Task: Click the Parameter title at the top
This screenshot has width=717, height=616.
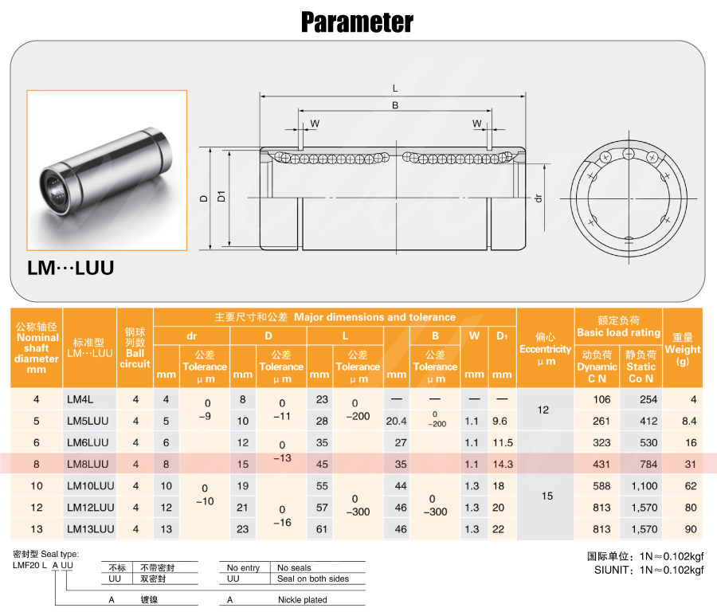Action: coord(357,22)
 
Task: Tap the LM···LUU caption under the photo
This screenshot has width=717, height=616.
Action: coord(70,268)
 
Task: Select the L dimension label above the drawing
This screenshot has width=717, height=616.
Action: coord(395,88)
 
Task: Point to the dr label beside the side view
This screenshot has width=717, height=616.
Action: coord(539,198)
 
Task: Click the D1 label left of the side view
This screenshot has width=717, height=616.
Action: coord(221,196)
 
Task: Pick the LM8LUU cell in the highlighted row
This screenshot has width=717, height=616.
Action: coord(88,464)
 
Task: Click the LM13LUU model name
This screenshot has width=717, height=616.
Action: coord(91,529)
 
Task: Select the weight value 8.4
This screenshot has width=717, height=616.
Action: coord(689,421)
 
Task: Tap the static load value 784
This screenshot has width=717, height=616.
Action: coord(648,464)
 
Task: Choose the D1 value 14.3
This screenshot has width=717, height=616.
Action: coord(503,464)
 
